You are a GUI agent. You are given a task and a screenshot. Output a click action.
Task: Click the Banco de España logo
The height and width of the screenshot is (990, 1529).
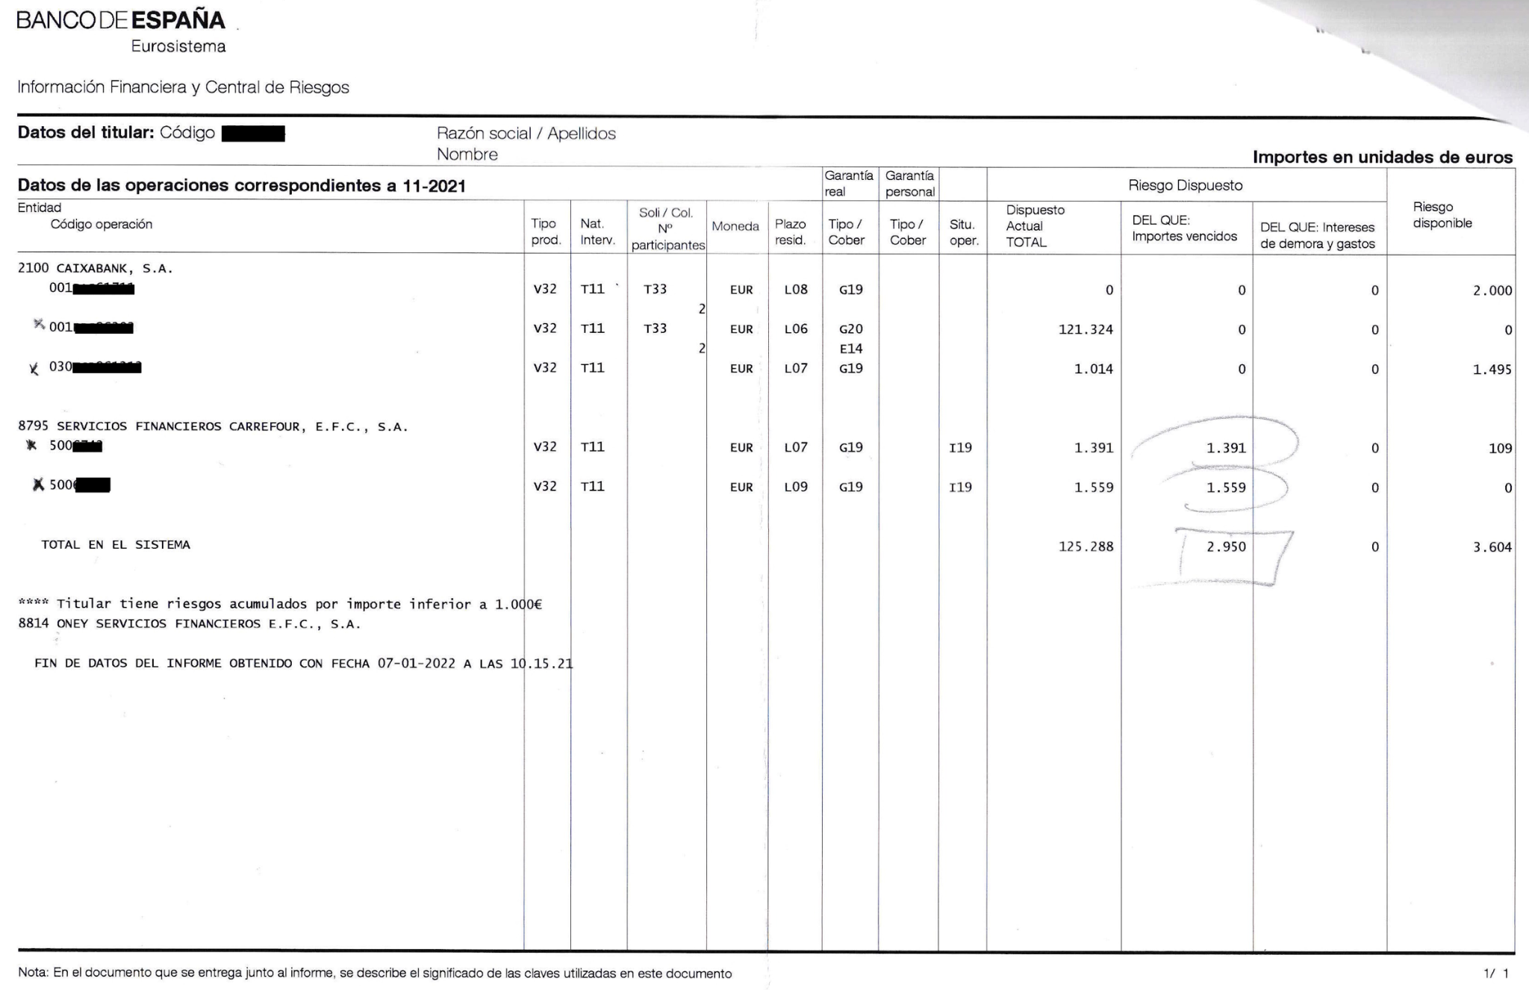click(x=121, y=21)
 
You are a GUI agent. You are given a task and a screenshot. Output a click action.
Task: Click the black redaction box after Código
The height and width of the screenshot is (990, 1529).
click(x=254, y=134)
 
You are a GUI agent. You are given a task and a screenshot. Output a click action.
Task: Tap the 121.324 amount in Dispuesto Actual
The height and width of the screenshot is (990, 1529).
click(x=1086, y=329)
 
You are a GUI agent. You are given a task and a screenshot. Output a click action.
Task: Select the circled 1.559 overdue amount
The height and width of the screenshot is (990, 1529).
click(x=1226, y=488)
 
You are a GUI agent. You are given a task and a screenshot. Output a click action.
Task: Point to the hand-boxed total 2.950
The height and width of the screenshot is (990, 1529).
click(x=1226, y=547)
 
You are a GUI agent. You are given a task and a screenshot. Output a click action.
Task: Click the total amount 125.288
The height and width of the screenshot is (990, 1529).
click(x=1086, y=547)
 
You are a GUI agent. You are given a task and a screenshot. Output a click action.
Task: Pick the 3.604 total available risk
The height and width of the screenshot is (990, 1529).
click(x=1492, y=547)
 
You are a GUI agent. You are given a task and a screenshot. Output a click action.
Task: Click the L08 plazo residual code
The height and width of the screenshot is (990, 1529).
click(x=796, y=290)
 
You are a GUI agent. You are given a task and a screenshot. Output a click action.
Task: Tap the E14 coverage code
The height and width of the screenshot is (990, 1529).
click(x=850, y=349)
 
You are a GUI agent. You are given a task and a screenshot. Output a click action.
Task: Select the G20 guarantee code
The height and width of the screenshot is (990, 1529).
click(x=850, y=329)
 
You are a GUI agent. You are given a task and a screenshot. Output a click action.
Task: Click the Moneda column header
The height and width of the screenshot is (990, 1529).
click(x=735, y=226)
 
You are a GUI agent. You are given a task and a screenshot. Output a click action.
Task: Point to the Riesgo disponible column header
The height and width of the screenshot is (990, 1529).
click(x=1442, y=215)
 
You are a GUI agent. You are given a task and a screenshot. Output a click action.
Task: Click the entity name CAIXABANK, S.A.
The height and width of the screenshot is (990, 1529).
click(x=114, y=269)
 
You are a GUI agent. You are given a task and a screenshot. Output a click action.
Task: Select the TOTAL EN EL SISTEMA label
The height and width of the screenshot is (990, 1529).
click(x=116, y=545)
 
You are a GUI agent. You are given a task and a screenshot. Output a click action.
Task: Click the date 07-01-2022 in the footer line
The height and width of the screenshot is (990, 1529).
click(x=416, y=664)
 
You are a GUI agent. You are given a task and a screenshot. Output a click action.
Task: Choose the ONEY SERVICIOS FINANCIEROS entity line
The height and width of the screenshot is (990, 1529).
click(x=190, y=624)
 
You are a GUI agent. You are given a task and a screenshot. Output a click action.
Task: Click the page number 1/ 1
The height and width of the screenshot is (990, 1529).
click(x=1495, y=974)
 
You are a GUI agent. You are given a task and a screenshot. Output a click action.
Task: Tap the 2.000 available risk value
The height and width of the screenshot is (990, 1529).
click(x=1492, y=290)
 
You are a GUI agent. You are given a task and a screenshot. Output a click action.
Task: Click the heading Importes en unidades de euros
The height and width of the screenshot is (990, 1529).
click(x=1382, y=158)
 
